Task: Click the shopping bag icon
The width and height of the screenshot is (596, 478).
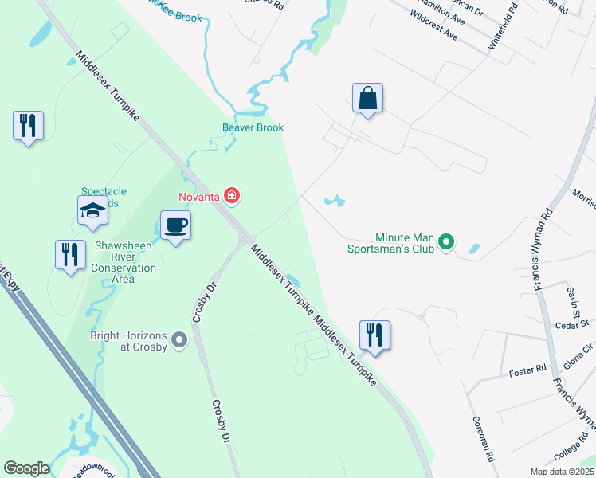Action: pos(367,99)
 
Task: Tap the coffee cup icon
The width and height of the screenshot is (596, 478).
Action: pos(176,225)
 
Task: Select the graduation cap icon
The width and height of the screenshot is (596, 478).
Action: pos(92,212)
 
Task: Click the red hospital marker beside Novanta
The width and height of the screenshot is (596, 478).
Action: pos(232,195)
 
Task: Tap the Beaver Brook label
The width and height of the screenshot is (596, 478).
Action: pos(253,127)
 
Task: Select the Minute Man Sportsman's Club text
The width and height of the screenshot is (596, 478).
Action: pos(406,243)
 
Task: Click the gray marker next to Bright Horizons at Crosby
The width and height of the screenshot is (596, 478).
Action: pos(179,339)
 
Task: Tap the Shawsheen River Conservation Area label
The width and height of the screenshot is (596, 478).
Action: pos(123,257)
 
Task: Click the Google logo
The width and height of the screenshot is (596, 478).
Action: pos(26,468)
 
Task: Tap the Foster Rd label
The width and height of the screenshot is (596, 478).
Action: pos(527,368)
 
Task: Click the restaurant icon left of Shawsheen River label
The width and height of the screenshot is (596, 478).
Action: pos(70,255)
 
